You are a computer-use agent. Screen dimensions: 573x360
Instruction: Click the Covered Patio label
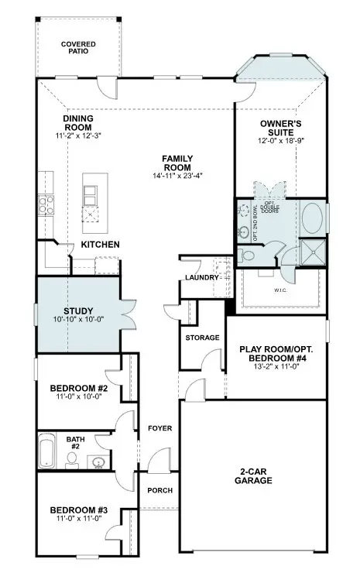click(78, 49)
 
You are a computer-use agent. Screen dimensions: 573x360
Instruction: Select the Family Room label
click(177, 163)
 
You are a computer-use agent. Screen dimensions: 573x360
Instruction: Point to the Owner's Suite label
click(279, 128)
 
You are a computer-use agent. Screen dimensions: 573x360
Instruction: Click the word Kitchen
click(101, 245)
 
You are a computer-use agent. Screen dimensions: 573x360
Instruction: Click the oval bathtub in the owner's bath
click(312, 220)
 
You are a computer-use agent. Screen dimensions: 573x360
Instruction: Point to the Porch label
click(159, 491)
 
